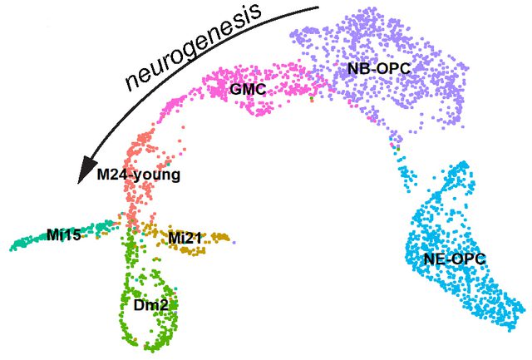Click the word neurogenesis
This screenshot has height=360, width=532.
pyautogui.click(x=194, y=47)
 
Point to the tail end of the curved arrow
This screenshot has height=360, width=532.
pyautogui.click(x=319, y=7)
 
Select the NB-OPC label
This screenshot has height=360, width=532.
pyautogui.click(x=379, y=69)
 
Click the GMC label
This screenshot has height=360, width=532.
pyautogui.click(x=248, y=89)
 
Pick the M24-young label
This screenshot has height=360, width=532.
pyautogui.click(x=139, y=175)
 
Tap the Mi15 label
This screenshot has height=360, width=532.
pyautogui.click(x=64, y=234)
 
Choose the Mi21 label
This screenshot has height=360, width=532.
pyautogui.click(x=185, y=239)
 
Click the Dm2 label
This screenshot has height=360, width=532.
pyautogui.click(x=150, y=305)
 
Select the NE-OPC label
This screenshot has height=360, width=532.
pyautogui.click(x=455, y=259)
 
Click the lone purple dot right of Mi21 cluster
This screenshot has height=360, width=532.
pyautogui.click(x=234, y=242)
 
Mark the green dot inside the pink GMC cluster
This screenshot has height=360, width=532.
pyautogui.click(x=312, y=99)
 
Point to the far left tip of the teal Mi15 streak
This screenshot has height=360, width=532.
pyautogui.click(x=11, y=249)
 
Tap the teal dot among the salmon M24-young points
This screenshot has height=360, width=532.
pyautogui.click(x=168, y=165)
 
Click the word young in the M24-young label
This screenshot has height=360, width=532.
pyautogui.click(x=160, y=176)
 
